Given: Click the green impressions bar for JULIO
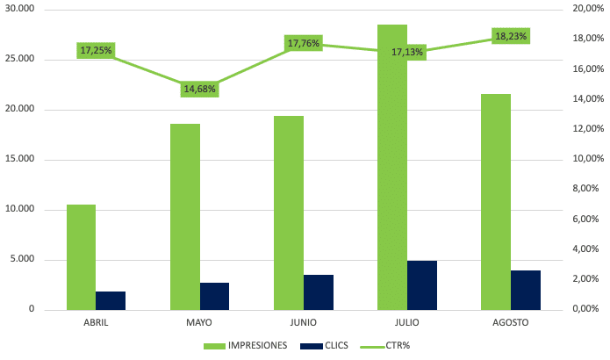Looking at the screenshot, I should tap(392, 167).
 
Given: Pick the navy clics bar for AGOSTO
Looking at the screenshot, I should tap(526, 290).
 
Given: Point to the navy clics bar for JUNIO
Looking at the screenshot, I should tap(319, 292).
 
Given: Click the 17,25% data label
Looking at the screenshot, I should tap(97, 50).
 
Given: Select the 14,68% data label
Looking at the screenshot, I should tap(199, 89).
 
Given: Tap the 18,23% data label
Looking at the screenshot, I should tap(512, 36).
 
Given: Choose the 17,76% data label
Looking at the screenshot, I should tap(303, 43).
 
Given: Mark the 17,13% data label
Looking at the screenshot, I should tap(407, 52).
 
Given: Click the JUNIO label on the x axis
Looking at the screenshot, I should tap(289, 323).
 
